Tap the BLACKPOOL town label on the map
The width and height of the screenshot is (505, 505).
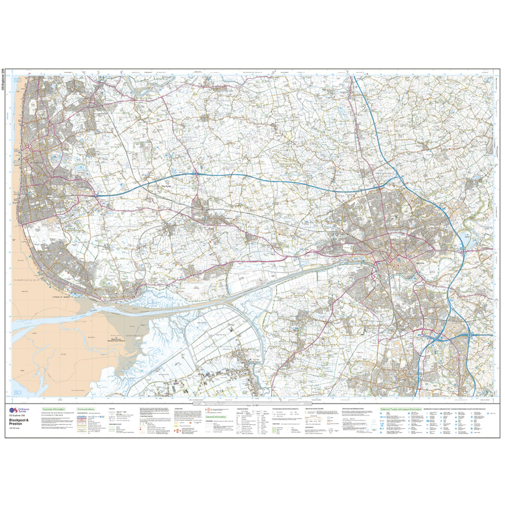pos(37,163)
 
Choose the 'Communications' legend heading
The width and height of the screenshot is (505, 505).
pos(86,409)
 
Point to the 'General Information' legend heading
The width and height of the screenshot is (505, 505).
pos(216,417)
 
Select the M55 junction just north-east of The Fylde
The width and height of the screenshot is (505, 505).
pos(196,174)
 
